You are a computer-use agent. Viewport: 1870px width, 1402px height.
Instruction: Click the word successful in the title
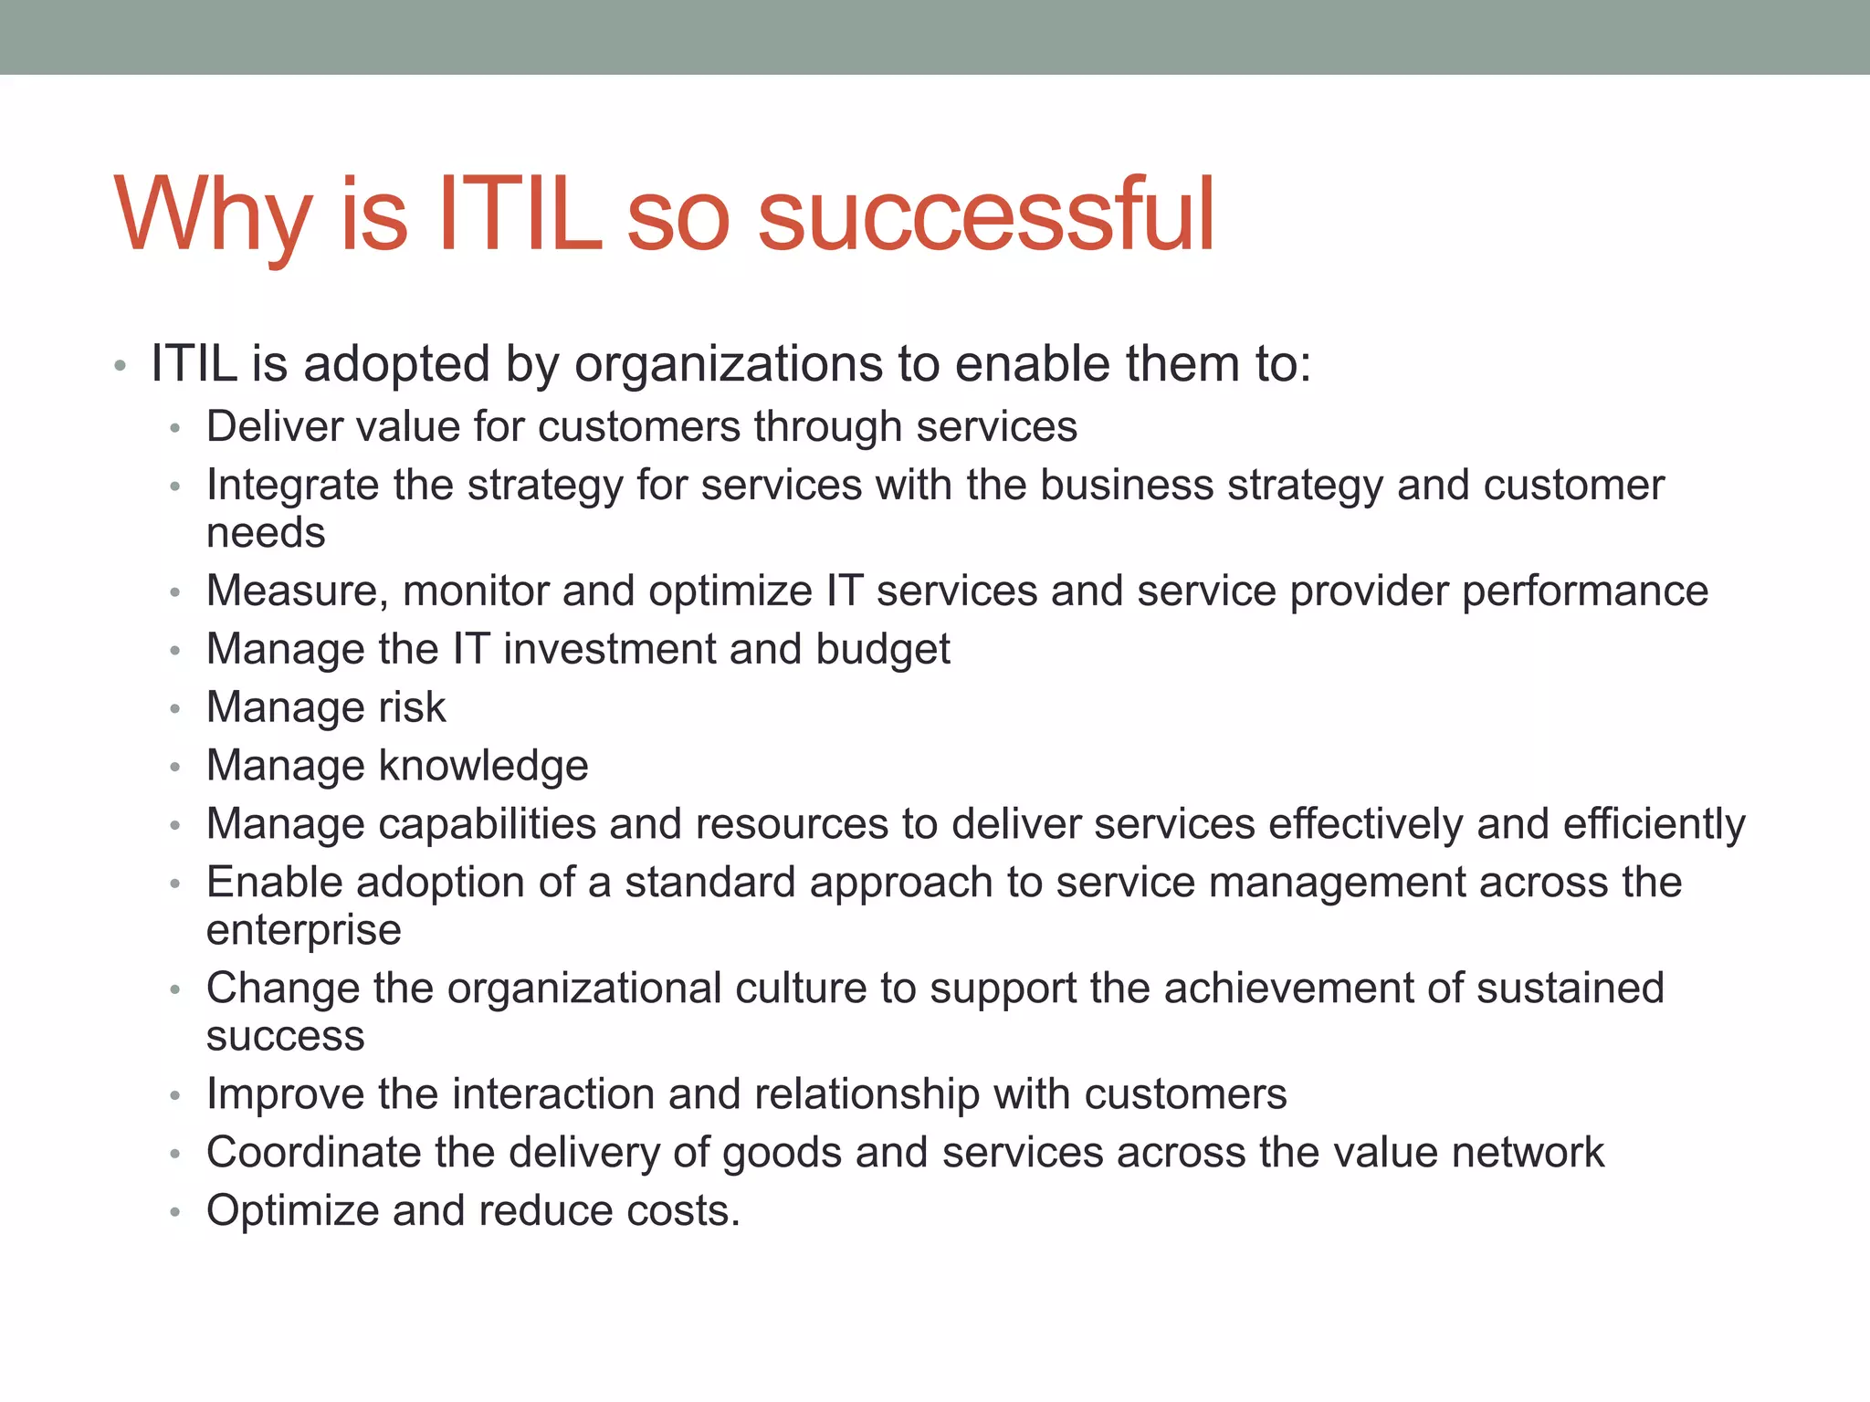point(986,215)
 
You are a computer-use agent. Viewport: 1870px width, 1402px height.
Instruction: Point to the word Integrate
point(292,485)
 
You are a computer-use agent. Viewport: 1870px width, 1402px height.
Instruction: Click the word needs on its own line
point(266,533)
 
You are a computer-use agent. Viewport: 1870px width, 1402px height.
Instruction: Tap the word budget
point(882,649)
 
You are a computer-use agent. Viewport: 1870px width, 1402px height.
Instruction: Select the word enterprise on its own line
point(304,930)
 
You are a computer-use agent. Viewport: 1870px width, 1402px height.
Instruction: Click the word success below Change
point(286,1036)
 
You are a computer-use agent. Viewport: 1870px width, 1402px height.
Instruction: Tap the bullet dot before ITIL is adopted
point(120,368)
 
